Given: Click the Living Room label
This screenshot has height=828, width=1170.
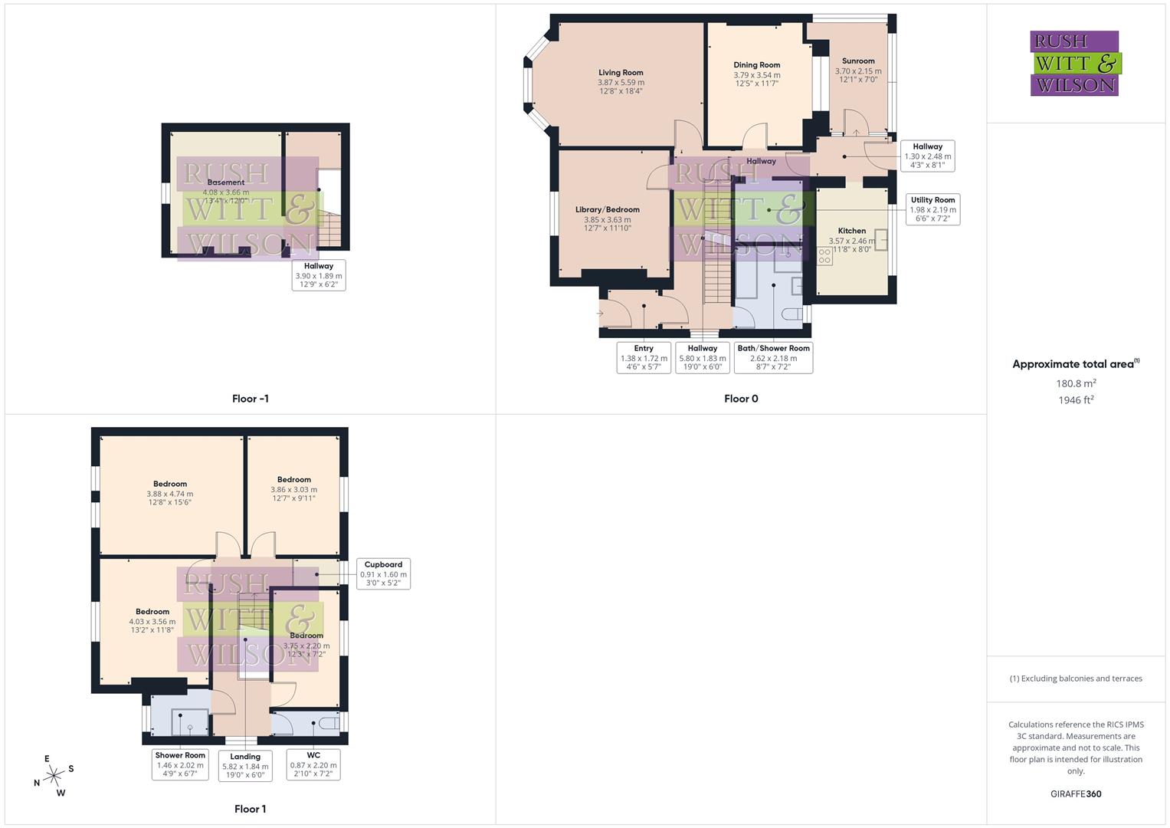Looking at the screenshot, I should tap(621, 73).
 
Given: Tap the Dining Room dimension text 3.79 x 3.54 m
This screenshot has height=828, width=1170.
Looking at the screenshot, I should tap(756, 75).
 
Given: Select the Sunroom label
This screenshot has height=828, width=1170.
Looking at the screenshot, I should tap(857, 61).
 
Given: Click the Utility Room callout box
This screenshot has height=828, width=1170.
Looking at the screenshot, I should tap(932, 209).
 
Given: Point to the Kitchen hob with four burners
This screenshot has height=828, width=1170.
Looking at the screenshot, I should tap(824, 256).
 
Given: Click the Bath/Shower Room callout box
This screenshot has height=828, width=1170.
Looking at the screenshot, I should tap(773, 357).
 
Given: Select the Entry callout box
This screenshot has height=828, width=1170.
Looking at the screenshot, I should tap(644, 357).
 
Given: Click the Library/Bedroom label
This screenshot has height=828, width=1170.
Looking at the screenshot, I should tap(607, 209).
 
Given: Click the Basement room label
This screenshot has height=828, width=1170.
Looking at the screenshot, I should tap(225, 182).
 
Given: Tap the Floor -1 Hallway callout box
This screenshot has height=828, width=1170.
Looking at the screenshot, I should tap(318, 275).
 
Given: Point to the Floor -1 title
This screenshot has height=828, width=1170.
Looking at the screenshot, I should tap(250, 399).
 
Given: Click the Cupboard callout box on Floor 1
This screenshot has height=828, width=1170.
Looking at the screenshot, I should tap(383, 573).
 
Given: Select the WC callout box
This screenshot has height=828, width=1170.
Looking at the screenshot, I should tap(313, 764).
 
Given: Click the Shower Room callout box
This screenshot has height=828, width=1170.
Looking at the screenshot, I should tap(180, 764).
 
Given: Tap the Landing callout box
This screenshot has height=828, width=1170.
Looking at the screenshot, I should tap(245, 765).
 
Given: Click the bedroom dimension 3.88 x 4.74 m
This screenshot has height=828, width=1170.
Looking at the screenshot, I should tap(170, 494).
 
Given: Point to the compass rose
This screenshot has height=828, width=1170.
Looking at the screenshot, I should tap(54, 776).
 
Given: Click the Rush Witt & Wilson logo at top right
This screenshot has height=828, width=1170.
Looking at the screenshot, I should tap(1074, 63).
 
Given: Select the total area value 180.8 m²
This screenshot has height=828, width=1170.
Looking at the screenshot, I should tap(1076, 383).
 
